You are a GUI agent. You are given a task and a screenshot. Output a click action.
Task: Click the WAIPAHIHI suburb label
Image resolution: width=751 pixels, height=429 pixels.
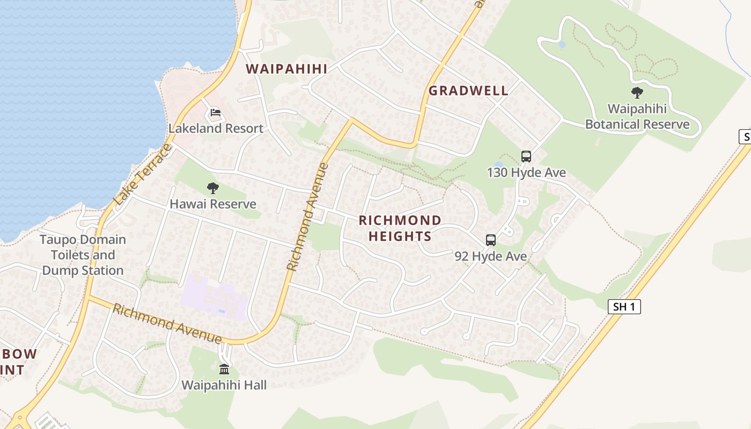click(286, 69)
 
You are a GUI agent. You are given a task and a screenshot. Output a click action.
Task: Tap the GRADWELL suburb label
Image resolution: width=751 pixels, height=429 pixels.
click(468, 91)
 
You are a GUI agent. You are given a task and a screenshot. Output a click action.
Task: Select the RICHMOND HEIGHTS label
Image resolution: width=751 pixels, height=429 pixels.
click(400, 228)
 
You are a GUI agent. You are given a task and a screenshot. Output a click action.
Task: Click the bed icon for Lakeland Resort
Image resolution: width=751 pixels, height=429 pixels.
click(216, 113)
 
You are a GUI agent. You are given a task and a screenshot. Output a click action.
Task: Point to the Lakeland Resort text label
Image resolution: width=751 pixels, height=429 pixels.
click(216, 129)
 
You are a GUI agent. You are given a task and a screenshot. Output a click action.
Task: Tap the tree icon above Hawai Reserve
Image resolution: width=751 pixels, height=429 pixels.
click(213, 188)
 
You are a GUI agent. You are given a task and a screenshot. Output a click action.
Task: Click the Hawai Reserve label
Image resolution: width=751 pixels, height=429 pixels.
click(213, 204)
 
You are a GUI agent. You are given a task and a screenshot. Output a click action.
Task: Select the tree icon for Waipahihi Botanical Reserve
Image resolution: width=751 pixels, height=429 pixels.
click(637, 93)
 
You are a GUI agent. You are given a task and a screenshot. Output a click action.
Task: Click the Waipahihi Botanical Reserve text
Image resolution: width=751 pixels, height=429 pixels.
click(637, 117)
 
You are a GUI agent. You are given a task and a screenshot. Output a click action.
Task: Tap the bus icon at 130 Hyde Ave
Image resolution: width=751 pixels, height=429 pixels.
click(526, 157)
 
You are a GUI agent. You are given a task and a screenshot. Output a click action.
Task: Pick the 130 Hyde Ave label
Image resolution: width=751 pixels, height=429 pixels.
click(526, 173)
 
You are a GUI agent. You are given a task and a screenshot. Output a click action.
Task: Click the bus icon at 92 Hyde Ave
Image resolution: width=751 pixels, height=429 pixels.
click(490, 240)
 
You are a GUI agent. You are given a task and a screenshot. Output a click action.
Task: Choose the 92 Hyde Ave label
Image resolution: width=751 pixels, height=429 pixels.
click(490, 256)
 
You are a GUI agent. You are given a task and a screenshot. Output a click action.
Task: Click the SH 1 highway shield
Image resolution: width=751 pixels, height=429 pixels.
click(624, 307)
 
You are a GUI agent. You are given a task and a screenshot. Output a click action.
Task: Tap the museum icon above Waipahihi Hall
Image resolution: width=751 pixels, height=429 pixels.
click(224, 369)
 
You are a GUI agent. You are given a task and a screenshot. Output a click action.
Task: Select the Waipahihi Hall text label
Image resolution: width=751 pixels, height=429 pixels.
click(224, 385)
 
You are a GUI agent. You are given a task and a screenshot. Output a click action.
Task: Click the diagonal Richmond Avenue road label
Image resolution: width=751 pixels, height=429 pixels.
click(307, 217)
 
